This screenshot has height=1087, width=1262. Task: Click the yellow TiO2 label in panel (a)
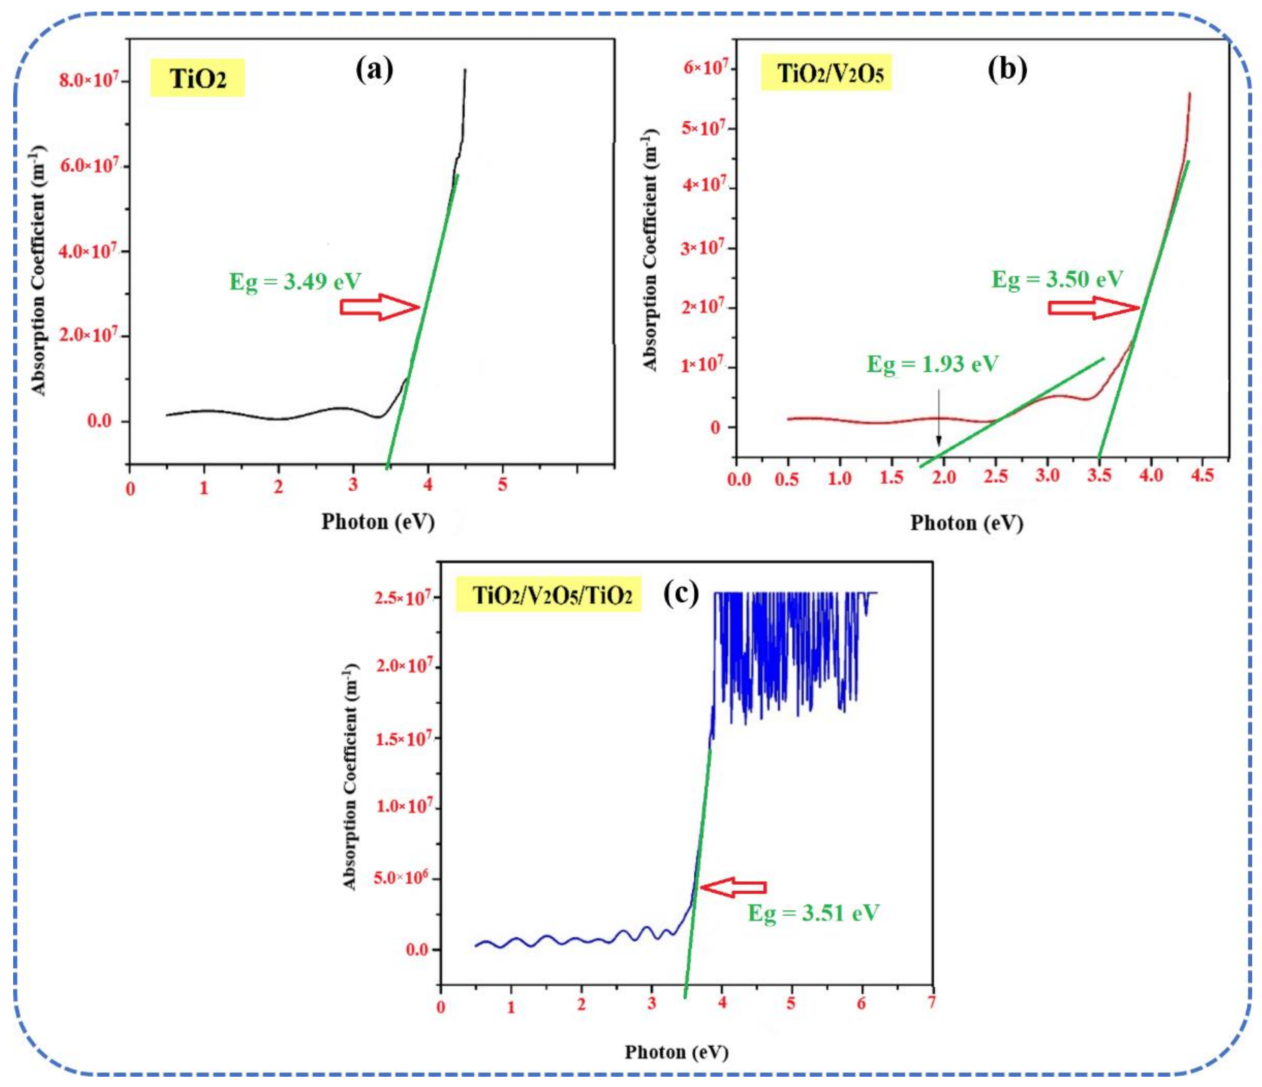click(197, 78)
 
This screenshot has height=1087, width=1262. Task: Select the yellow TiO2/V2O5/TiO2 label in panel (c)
click(548, 594)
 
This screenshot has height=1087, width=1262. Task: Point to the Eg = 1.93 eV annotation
click(932, 364)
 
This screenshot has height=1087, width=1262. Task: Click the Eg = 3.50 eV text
click(1057, 280)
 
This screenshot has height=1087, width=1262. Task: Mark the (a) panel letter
click(374, 69)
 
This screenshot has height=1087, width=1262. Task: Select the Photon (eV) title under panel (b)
click(966, 523)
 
